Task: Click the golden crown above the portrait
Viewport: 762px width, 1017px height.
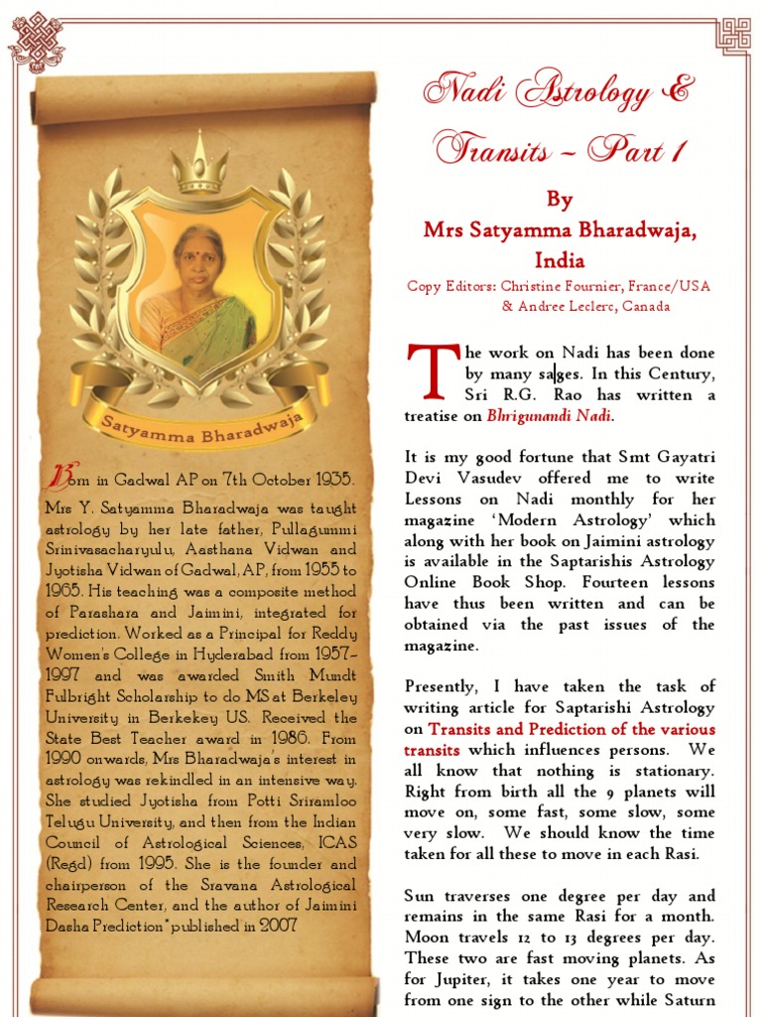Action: tap(198, 162)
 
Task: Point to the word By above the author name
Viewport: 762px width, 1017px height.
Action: tap(560, 200)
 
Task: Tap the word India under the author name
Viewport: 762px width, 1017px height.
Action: tap(560, 260)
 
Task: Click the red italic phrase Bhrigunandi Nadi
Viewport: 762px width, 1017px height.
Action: tap(550, 416)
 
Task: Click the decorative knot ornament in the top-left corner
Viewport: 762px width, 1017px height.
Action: tap(36, 43)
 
